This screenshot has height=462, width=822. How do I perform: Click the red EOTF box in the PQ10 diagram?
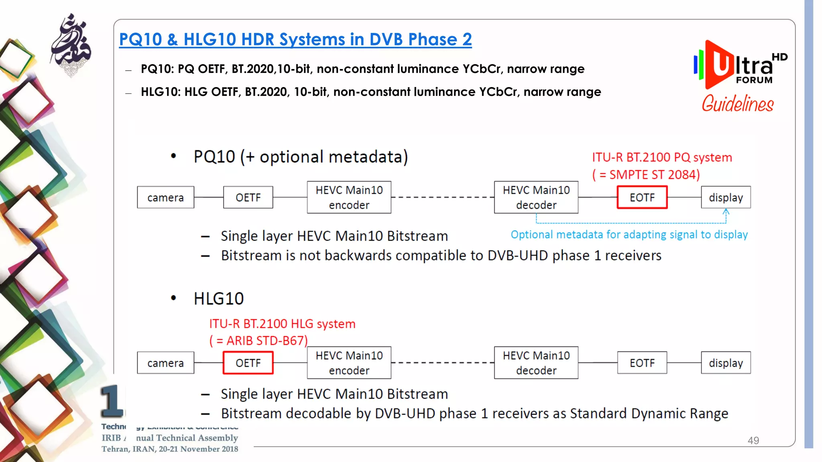tap(642, 197)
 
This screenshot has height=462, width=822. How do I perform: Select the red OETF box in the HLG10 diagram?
tap(248, 363)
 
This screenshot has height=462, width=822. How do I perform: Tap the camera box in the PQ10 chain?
tap(165, 197)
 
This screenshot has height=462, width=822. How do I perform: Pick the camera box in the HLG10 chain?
tap(165, 363)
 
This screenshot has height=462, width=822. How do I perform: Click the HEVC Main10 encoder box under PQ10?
tap(349, 197)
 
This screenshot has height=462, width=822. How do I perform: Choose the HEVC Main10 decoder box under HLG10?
tap(536, 363)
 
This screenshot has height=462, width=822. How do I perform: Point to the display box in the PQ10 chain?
tap(726, 197)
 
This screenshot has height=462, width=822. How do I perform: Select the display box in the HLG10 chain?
tap(726, 363)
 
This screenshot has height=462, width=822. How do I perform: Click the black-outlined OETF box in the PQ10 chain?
tap(248, 197)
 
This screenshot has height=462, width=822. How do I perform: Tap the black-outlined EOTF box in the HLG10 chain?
tap(642, 363)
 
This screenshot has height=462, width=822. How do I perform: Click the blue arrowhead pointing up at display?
tap(726, 211)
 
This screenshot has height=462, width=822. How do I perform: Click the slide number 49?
tap(753, 440)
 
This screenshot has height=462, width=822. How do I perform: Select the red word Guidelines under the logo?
tap(737, 104)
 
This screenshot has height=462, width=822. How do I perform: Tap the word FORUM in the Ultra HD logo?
tap(754, 80)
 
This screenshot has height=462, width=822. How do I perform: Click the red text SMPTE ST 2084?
tap(654, 175)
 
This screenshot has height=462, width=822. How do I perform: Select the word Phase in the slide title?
tap(432, 40)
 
